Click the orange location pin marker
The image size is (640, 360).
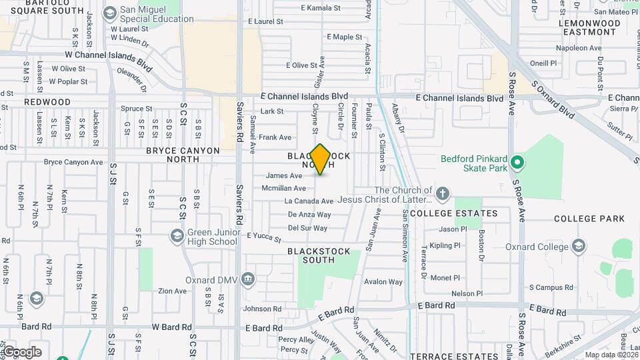(321, 159)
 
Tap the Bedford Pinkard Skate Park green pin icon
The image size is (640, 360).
(516, 162)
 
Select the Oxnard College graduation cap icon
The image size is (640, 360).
(578, 247)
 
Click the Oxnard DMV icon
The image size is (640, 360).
(248, 279)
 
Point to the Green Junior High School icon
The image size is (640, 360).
(177, 235)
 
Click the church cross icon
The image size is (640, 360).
(442, 195)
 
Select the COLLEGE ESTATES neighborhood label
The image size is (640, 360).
(453, 213)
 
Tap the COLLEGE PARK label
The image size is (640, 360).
(589, 219)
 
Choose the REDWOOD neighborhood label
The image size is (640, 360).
(47, 102)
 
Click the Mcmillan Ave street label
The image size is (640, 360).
(284, 189)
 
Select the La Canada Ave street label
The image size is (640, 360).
(309, 201)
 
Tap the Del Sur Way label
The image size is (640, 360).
(308, 228)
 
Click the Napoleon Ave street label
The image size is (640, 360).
(560, 48)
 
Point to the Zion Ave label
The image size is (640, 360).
(172, 291)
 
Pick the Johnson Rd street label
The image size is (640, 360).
(263, 309)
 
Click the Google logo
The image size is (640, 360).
(22, 352)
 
